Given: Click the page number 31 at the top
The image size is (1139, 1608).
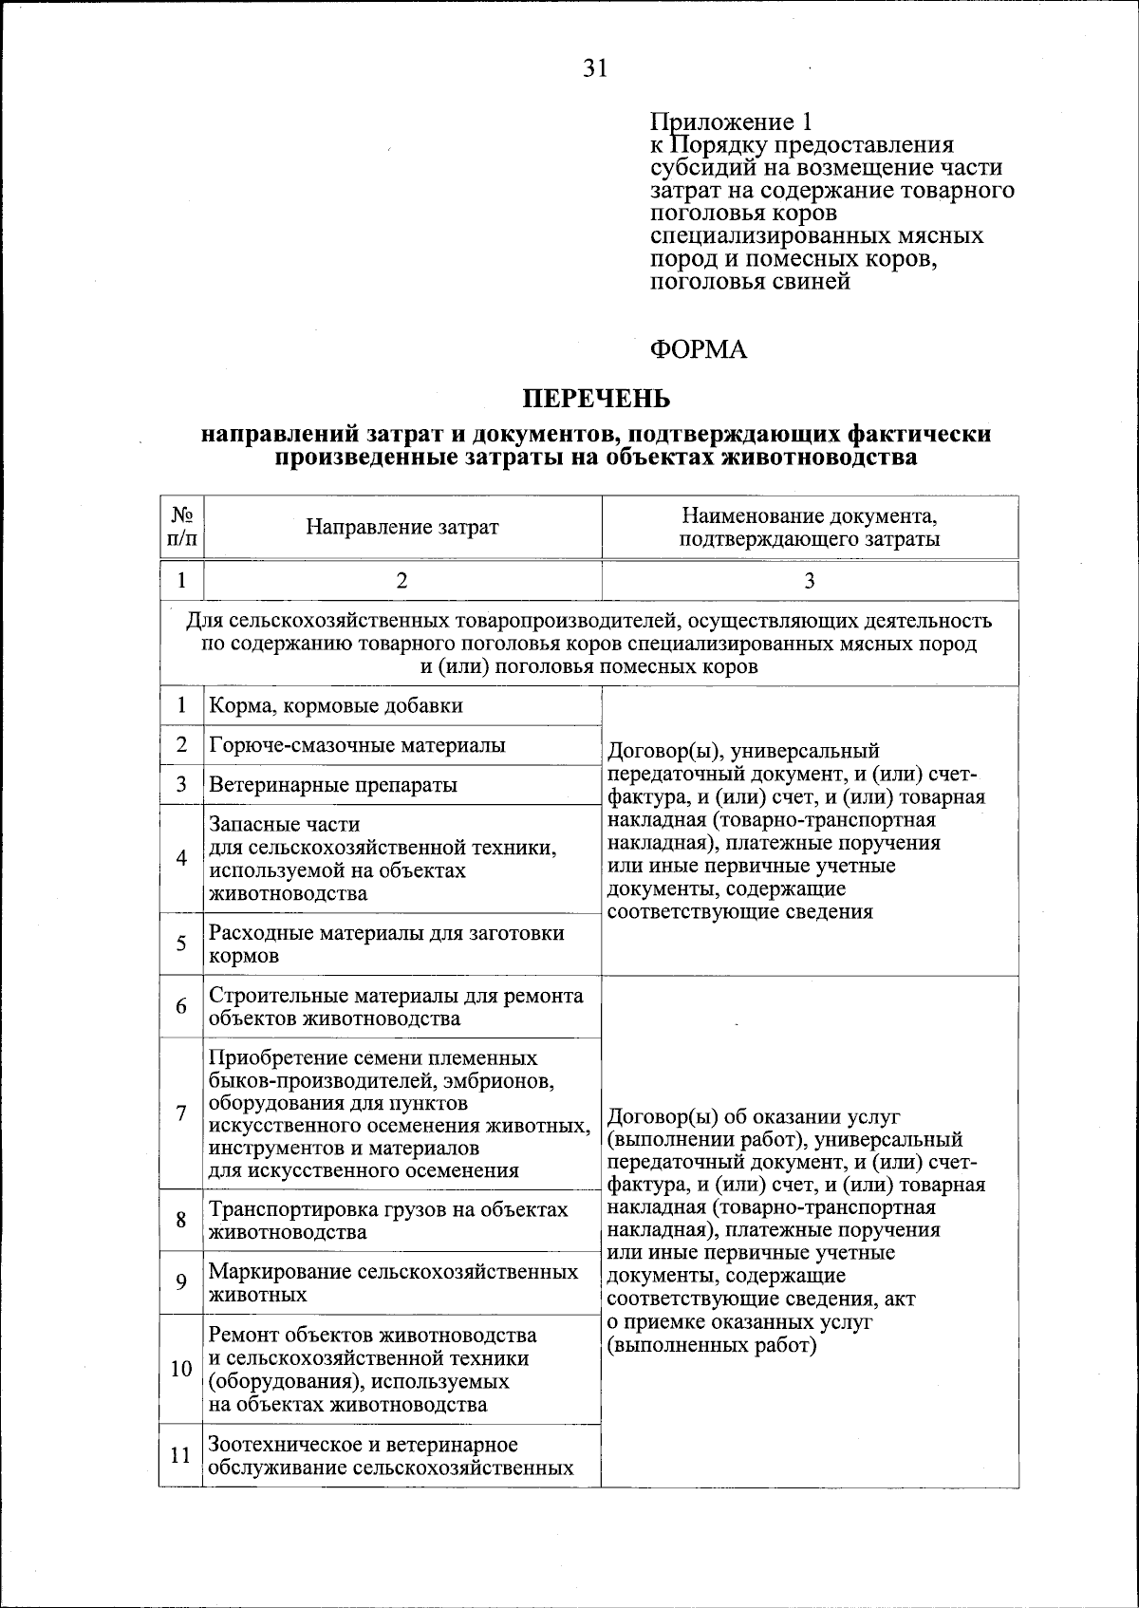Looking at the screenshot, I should click(594, 69).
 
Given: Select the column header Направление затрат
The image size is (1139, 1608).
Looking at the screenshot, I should click(401, 528).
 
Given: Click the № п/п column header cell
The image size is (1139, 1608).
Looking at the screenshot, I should click(181, 528).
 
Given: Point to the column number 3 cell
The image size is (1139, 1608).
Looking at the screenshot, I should click(809, 581).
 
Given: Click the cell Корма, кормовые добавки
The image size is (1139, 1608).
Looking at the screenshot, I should click(336, 706).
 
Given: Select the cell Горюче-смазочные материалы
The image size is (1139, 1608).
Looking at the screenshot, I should click(357, 745).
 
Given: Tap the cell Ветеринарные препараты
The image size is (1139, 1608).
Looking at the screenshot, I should click(333, 785).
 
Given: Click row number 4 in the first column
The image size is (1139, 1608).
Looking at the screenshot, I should click(181, 858).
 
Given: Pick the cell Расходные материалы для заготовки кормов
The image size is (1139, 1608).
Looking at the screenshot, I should click(386, 944).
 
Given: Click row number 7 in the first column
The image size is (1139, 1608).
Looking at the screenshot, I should click(181, 1113).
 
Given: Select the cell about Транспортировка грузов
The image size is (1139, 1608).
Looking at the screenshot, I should click(388, 1221).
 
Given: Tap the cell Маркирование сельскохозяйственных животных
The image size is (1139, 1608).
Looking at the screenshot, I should click(393, 1282).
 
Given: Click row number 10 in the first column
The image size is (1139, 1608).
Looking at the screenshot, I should click(181, 1369).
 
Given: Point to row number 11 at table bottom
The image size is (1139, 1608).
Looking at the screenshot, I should click(181, 1454).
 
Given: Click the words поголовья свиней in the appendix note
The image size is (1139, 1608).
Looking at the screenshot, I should click(750, 282).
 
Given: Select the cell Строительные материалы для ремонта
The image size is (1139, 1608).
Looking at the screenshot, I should click(396, 1007).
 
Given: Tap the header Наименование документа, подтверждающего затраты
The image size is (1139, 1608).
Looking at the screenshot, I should click(809, 528).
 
